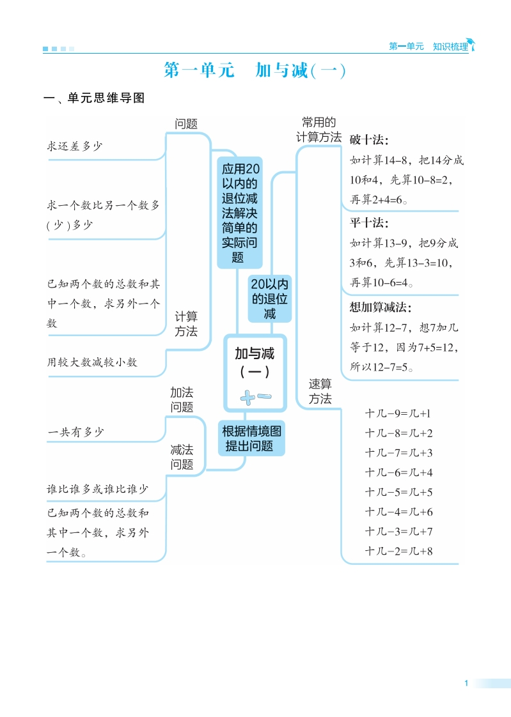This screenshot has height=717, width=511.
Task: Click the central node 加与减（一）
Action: tap(255, 373)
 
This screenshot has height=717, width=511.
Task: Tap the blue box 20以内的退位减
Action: tap(269, 298)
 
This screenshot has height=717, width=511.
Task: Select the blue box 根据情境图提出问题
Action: tap(251, 438)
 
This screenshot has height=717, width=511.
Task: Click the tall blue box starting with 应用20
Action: tap(239, 213)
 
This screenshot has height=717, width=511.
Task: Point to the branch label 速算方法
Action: tap(320, 391)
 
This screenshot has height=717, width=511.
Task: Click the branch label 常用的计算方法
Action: tap(319, 130)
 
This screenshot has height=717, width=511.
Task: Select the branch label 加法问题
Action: tap(182, 399)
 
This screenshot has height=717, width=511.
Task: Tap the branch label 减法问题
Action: tap(182, 457)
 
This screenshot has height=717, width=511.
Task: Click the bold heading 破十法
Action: tap(369, 140)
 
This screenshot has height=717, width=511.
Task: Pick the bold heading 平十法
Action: tap(369, 222)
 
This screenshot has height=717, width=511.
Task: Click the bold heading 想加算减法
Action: tap(380, 307)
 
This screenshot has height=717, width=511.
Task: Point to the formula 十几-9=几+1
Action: tap(398, 413)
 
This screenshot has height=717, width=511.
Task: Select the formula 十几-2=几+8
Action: tap(398, 551)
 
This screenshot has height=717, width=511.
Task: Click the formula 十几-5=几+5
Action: tap(398, 492)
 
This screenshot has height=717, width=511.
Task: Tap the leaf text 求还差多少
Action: tap(75, 146)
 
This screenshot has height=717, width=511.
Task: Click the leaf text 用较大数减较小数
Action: tap(92, 362)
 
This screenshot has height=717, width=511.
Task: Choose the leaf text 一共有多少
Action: tap(75, 432)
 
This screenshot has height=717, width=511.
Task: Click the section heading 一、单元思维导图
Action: tap(94, 98)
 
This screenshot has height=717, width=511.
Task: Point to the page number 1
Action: tap(466, 683)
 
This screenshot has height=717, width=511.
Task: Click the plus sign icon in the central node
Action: tap(248, 398)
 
